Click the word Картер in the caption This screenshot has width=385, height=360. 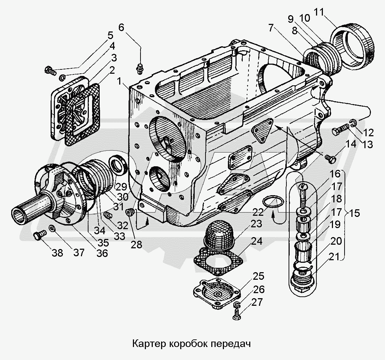148,342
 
